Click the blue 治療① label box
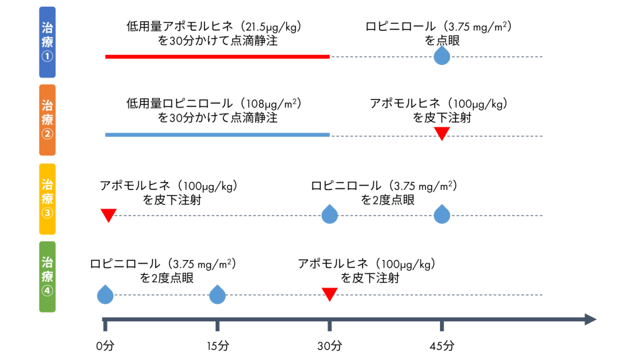47,42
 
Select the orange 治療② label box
47,119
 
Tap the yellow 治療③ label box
47,199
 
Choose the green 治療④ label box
47,277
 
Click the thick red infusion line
217,57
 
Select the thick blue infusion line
217,134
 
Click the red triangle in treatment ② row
442,133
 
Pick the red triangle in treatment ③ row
109,215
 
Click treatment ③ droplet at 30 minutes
329,214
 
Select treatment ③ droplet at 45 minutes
442,214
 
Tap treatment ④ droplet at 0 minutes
105,294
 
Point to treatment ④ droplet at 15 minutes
217,294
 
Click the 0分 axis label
105,345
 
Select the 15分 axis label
217,345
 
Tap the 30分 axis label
329,345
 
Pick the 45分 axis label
442,345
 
